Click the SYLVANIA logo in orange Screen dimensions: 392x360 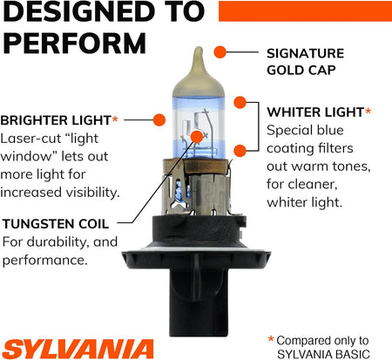[78, 349]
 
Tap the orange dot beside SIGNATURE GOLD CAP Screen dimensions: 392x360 [220, 52]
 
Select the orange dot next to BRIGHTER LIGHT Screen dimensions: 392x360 [159, 119]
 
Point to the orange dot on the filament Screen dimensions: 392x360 [197, 137]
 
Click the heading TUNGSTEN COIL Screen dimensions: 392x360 [56, 224]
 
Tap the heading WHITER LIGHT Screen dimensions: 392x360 [315, 112]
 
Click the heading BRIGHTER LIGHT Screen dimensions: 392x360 [56, 120]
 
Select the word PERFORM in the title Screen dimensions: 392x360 [75, 44]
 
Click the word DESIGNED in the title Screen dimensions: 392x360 [79, 11]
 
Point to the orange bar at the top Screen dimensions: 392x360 [305, 11]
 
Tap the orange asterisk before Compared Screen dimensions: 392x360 [271, 339]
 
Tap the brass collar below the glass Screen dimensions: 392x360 [198, 166]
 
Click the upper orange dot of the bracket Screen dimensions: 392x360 [240, 103]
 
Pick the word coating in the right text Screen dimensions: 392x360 [290, 149]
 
